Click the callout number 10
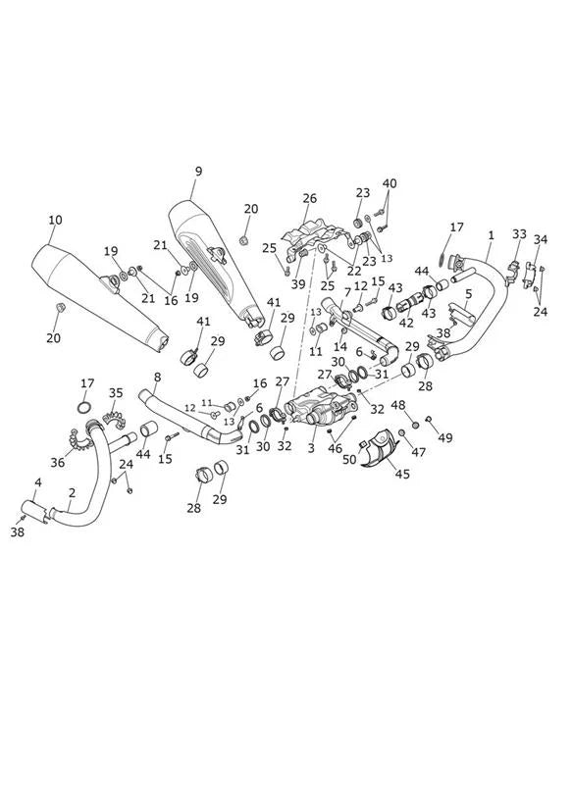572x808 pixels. [x=55, y=220]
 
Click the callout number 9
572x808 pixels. [x=199, y=172]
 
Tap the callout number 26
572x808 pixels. [x=309, y=198]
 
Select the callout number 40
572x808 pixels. [x=390, y=183]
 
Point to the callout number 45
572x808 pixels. [x=402, y=474]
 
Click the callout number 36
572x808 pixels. [x=58, y=463]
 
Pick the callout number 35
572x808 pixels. [x=116, y=393]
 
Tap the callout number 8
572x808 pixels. [x=157, y=378]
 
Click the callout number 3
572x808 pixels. [x=311, y=448]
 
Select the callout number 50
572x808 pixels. [x=349, y=459]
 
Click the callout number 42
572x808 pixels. [x=406, y=323]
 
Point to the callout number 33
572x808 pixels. [x=519, y=234]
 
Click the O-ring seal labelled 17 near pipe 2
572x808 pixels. [x=84, y=408]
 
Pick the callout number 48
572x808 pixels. [x=397, y=405]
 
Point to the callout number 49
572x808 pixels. [x=445, y=437]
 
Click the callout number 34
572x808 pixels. [x=540, y=239]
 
